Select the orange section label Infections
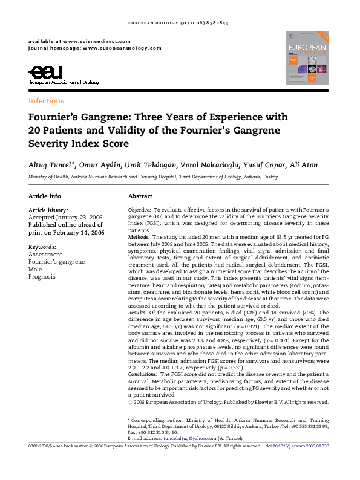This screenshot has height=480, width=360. [46, 101]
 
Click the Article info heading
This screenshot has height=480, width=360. [45, 196]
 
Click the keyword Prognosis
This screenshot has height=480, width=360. [42, 277]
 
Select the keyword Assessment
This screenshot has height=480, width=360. [45, 255]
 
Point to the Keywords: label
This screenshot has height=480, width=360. [42, 247]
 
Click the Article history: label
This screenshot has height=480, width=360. [48, 210]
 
